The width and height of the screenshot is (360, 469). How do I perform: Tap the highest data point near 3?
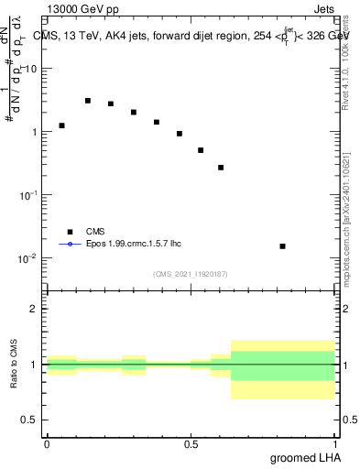click(x=88, y=101)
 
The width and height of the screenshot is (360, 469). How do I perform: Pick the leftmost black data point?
click(x=61, y=125)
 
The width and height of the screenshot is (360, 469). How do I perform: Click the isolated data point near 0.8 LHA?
click(x=282, y=246)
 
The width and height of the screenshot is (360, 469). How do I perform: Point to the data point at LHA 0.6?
click(x=221, y=168)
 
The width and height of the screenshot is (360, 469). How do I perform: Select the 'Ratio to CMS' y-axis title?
click(x=15, y=365)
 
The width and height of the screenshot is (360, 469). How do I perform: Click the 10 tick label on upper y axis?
click(x=29, y=70)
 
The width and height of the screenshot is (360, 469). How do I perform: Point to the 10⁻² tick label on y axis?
click(x=27, y=258)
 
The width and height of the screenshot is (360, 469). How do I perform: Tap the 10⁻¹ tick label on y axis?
click(x=27, y=195)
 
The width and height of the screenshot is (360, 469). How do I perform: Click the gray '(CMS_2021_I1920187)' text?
click(x=191, y=274)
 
